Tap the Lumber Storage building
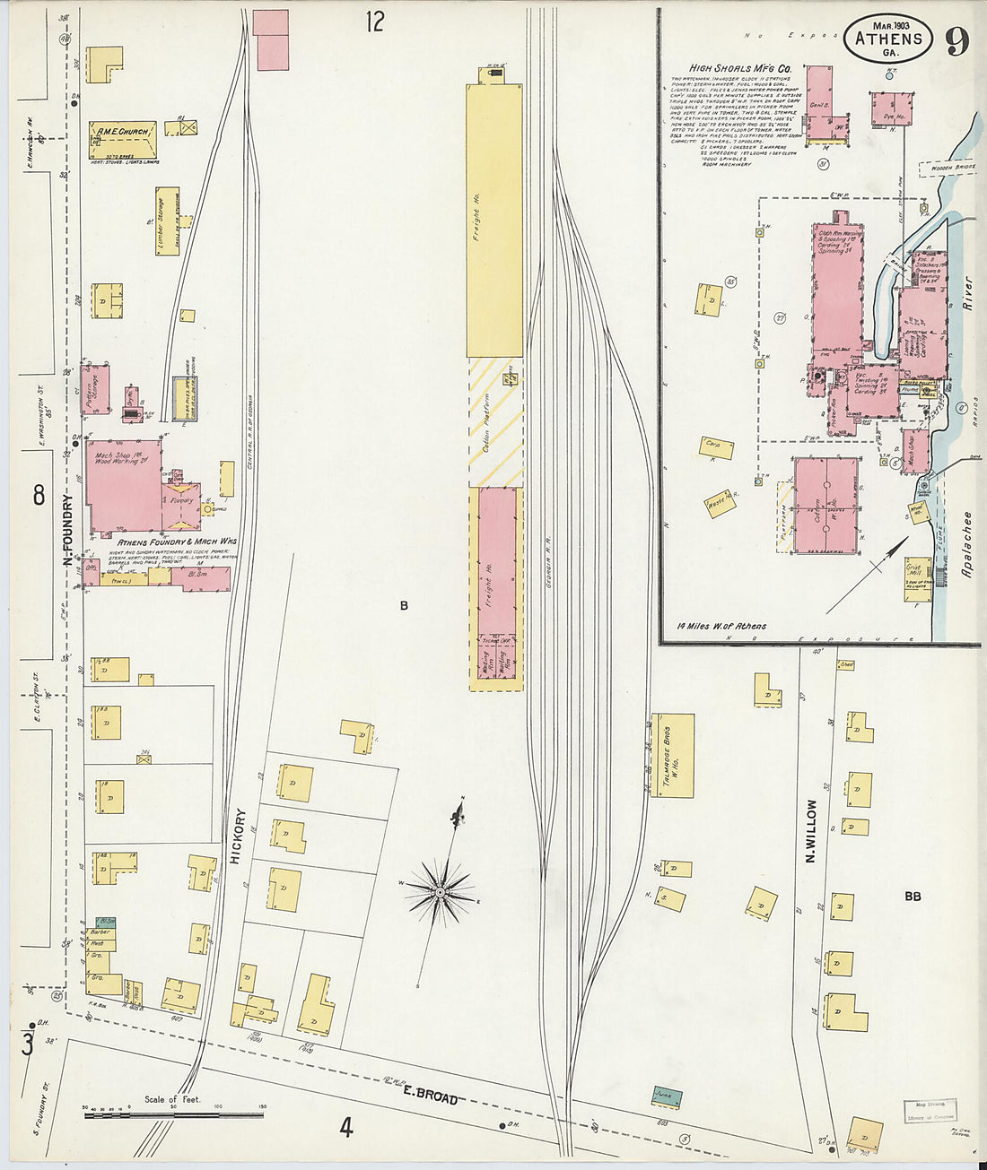click(167, 221)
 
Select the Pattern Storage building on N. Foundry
click(95, 389)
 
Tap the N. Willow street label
click(811, 831)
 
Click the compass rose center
click(441, 892)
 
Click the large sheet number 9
click(958, 40)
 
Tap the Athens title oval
click(888, 39)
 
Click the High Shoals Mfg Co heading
click(740, 68)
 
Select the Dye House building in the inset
click(890, 109)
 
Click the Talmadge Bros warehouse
click(673, 755)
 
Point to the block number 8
click(39, 494)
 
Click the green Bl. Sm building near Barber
click(105, 921)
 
